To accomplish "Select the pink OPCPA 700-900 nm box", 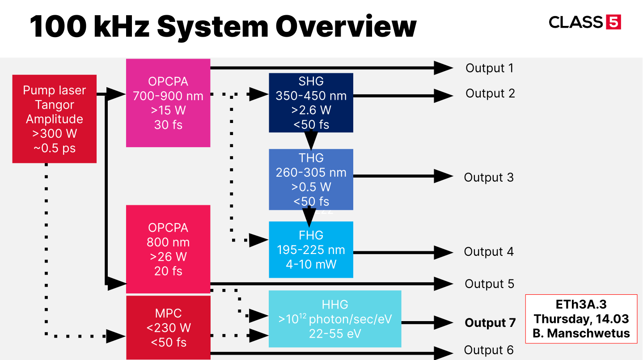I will tap(168, 103).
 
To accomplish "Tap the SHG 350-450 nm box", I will tap(311, 103).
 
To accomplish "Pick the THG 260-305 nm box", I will tap(311, 179).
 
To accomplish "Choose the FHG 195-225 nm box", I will tap(311, 250).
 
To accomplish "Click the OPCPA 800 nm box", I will tap(168, 249).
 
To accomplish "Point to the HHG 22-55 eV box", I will tap(334, 319).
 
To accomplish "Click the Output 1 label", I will tap(489, 68).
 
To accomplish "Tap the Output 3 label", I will tap(488, 177).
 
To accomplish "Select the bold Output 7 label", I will tap(490, 323).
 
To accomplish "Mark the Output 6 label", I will tap(488, 350).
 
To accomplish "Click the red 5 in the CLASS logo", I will tap(613, 22).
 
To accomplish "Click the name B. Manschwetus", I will tap(581, 333).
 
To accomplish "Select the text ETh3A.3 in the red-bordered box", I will tap(581, 305).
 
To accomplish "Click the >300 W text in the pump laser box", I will tap(54, 133).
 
